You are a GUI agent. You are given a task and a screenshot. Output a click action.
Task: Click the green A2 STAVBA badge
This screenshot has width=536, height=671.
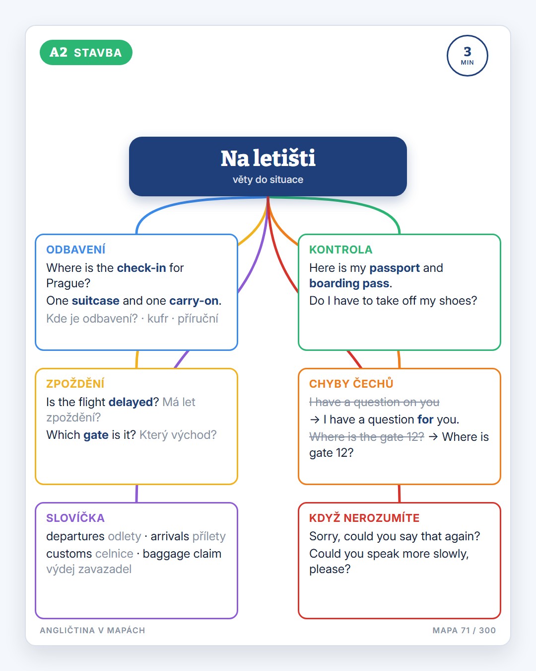pyautogui.click(x=86, y=52)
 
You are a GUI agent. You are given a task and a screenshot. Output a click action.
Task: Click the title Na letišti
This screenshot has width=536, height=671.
pyautogui.click(x=268, y=159)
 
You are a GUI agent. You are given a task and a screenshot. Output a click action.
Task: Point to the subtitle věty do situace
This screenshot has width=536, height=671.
pyautogui.click(x=268, y=179)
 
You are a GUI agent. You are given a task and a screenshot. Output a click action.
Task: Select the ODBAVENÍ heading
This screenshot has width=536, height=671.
pyautogui.click(x=75, y=250)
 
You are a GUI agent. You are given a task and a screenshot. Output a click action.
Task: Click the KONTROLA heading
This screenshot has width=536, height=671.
pyautogui.click(x=341, y=250)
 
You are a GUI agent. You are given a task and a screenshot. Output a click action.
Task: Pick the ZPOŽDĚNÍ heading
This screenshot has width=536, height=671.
pyautogui.click(x=75, y=384)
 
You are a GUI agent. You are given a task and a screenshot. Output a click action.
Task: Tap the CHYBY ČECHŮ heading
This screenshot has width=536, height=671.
pyautogui.click(x=351, y=384)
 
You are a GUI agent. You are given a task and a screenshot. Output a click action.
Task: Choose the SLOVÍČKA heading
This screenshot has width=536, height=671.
pyautogui.click(x=75, y=518)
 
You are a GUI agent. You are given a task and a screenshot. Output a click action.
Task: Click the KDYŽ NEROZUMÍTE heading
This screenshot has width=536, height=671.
pyautogui.click(x=364, y=518)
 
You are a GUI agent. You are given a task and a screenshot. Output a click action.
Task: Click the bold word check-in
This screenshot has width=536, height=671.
pyautogui.click(x=141, y=268)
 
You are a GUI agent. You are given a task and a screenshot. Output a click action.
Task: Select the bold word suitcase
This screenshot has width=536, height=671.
pyautogui.click(x=96, y=301)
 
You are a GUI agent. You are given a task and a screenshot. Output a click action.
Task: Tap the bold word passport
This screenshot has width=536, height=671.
pyautogui.click(x=395, y=268)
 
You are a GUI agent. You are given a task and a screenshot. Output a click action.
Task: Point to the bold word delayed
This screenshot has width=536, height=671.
pyautogui.click(x=131, y=402)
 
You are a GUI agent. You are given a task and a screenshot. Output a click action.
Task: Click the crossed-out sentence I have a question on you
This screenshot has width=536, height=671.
pyautogui.click(x=374, y=402)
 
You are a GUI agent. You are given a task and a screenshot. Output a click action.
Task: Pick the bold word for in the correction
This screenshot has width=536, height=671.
pyautogui.click(x=425, y=419)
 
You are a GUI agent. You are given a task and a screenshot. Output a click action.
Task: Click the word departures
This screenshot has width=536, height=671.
pyautogui.click(x=75, y=536)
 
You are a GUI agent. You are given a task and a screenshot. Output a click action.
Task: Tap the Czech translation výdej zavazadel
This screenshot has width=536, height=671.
pyautogui.click(x=89, y=569)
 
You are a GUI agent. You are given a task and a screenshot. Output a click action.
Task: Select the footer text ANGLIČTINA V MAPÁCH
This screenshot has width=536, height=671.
pyautogui.click(x=92, y=630)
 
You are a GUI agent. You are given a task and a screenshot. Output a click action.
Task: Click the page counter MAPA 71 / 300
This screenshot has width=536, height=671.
pyautogui.click(x=464, y=630)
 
